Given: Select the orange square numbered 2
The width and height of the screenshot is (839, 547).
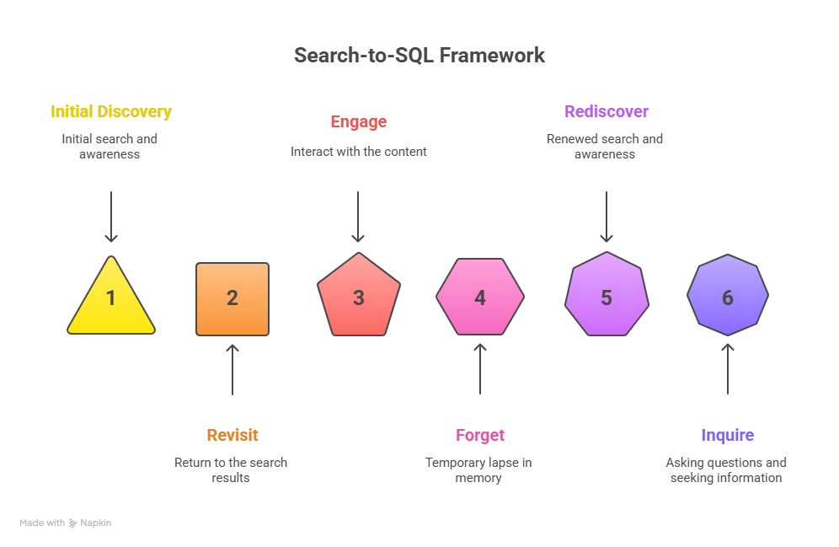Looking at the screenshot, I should pos(232,298).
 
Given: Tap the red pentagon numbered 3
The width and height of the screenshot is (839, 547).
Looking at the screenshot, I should pos(359,296).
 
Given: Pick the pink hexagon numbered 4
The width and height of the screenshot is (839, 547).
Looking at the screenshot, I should pos(480,297).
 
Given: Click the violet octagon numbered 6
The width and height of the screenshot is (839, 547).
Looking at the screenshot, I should pos(728,297).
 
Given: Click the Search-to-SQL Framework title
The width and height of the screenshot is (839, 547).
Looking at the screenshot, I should pos(419,56).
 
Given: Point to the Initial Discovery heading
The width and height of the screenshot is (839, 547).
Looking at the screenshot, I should pos(111,111).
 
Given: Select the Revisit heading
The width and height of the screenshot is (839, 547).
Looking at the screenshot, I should pos(232,435).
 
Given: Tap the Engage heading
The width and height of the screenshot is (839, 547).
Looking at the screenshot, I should pos(359,121).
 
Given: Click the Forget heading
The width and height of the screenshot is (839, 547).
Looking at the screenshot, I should pos(480,435).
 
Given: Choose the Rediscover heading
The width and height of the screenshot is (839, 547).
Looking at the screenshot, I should pos(607,111).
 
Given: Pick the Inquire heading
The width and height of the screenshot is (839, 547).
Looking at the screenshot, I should pos(728,435).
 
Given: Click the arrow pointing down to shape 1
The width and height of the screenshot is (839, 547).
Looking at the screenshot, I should pos(111,217).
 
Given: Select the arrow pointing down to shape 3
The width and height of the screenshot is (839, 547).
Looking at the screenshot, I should pos(359,217).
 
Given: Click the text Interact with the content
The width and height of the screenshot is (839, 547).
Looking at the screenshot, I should pos(359,152).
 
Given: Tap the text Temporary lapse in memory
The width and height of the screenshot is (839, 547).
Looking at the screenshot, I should pos(478,470).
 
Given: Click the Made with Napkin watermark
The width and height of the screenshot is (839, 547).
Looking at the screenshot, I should pos(66,523).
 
